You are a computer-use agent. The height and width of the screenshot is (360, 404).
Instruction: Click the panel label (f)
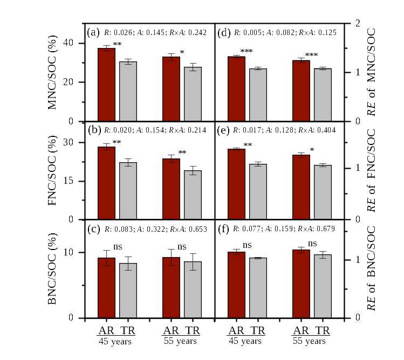(224, 229)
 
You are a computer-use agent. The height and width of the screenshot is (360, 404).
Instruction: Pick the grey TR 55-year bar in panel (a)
(193, 94)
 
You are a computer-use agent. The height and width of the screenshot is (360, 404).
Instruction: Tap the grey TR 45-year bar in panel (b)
(128, 191)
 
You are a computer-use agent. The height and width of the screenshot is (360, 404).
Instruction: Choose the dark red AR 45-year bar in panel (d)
(236, 89)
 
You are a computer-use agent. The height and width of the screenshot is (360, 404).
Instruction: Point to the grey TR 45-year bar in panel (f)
(258, 288)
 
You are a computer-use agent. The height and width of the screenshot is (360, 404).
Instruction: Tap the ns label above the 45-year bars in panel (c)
(117, 247)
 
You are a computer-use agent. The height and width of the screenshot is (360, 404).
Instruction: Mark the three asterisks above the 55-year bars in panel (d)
(312, 55)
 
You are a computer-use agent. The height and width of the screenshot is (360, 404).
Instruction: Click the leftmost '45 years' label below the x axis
(115, 341)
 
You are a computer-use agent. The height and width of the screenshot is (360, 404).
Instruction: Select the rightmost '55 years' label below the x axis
(310, 341)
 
